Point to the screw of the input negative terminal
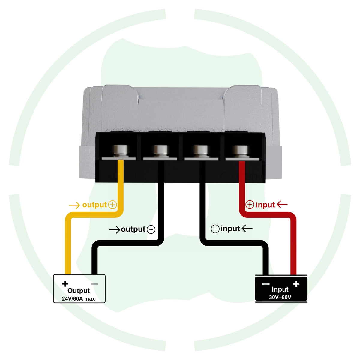[201, 151]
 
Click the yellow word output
[94, 205]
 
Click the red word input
[265, 205]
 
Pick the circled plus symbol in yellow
[112, 205]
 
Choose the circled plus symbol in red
[250, 205]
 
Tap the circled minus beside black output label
[151, 229]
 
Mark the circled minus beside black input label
[215, 229]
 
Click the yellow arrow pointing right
[74, 205]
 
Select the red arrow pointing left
[282, 204]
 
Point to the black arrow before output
[115, 229]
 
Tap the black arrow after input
[247, 228]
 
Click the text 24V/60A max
[79, 299]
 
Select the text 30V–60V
[280, 297]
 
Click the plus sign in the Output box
[65, 284]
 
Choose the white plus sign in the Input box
[296, 284]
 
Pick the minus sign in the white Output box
[94, 284]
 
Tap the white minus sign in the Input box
[266, 284]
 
